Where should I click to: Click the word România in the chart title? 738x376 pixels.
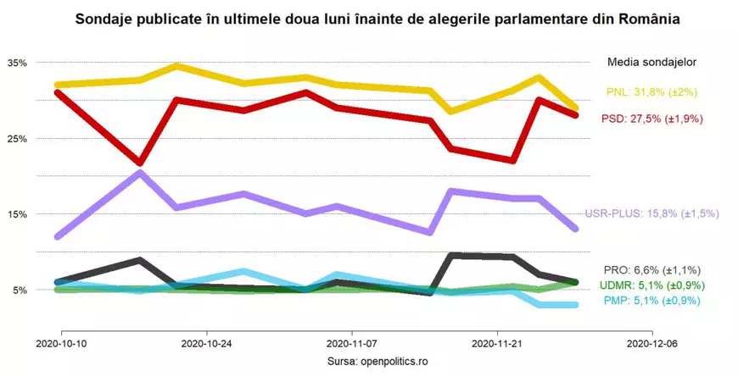650,18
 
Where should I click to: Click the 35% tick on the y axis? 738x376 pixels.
17,63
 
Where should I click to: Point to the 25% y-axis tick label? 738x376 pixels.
17,138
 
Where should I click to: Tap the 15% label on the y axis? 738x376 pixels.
17,214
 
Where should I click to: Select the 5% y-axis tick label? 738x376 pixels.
20,290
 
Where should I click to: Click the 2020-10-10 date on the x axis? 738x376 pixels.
61,345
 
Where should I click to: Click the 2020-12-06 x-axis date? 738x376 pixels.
651,345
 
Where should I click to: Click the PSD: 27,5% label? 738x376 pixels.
651,119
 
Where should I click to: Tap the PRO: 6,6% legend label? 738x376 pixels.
651,269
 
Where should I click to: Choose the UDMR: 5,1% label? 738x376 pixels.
651,285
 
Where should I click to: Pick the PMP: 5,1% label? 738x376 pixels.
651,300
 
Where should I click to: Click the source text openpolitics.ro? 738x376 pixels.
394,361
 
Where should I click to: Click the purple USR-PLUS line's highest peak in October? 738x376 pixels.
140,173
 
